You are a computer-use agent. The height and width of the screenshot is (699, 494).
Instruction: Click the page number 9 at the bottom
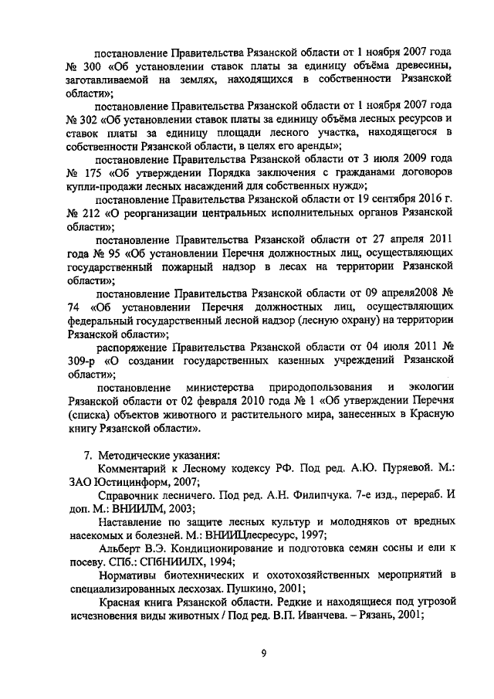click(263, 653)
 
